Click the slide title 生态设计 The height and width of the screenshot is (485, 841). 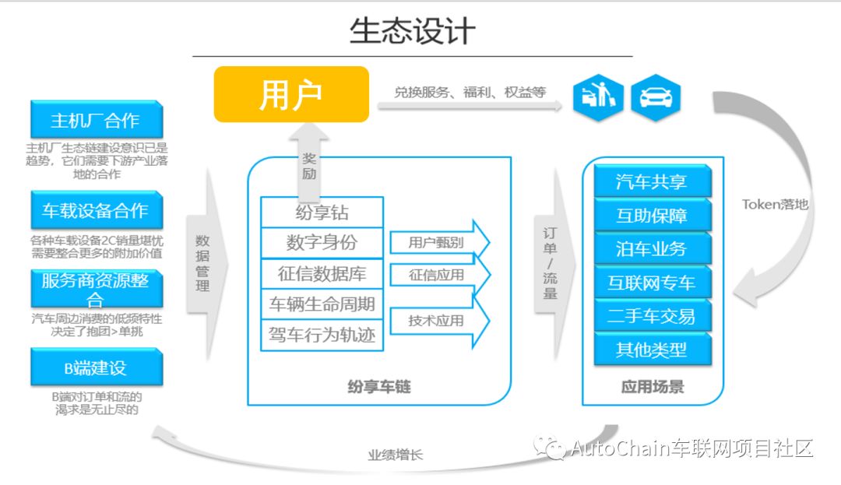(412, 32)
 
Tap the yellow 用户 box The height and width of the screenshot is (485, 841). (291, 94)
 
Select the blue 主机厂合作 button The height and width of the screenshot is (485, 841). (97, 121)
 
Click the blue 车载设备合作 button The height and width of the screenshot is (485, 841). (97, 211)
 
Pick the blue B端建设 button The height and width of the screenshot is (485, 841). (97, 367)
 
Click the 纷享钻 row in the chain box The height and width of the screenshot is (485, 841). (322, 213)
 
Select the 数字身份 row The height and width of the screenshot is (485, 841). (322, 243)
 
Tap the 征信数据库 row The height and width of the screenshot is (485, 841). (322, 274)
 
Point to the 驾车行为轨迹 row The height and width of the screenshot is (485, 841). (322, 336)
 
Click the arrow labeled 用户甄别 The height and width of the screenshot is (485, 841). (438, 243)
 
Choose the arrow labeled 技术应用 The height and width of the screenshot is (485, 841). (438, 320)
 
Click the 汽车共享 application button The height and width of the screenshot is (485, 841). (652, 182)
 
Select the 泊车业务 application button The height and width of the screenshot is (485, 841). (652, 249)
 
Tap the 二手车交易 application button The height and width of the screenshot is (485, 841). (652, 316)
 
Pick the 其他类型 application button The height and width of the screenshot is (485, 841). (652, 350)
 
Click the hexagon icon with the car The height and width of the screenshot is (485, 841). (656, 97)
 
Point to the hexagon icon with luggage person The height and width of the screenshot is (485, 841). (598, 97)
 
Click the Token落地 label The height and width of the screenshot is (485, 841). (775, 205)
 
